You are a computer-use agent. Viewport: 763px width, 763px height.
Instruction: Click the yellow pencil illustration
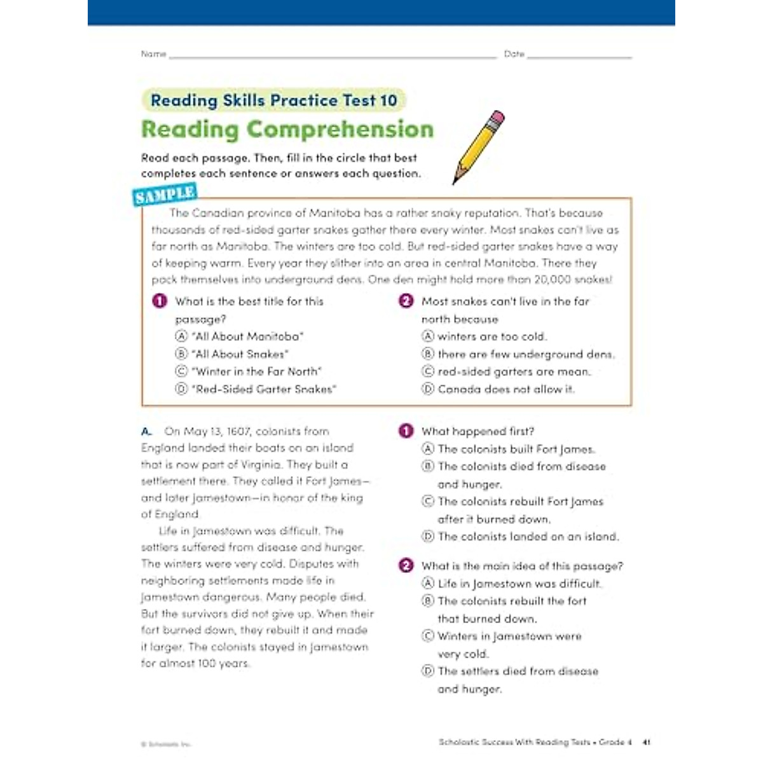(x=478, y=148)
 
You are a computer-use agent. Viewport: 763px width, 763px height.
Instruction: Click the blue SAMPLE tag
(x=165, y=194)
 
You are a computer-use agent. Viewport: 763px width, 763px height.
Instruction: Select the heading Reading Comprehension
(x=287, y=129)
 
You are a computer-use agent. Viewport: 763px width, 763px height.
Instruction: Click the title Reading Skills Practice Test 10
(x=273, y=100)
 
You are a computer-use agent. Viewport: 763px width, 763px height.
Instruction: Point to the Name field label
(x=153, y=54)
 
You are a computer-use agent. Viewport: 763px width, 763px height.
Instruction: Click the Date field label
(x=514, y=54)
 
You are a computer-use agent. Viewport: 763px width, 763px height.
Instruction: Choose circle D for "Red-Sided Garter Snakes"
(x=181, y=389)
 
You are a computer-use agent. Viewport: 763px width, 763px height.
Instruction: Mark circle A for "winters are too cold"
(x=428, y=336)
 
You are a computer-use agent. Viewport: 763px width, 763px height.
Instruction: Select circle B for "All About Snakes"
(x=181, y=354)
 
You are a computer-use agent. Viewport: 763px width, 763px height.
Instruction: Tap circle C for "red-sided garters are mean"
(x=428, y=371)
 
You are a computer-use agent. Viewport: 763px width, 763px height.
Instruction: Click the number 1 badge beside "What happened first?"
(x=406, y=431)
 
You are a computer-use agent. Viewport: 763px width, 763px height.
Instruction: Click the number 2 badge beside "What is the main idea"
(x=406, y=565)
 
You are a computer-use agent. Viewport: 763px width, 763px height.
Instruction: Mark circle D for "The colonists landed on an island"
(x=428, y=537)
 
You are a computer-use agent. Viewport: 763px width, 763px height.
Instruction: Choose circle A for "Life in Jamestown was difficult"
(x=428, y=584)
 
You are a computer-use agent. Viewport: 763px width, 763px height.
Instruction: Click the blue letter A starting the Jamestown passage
(x=146, y=431)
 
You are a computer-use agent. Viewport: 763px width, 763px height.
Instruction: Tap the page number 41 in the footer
(x=646, y=742)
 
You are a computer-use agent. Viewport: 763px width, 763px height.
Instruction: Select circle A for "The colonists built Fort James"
(x=428, y=449)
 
